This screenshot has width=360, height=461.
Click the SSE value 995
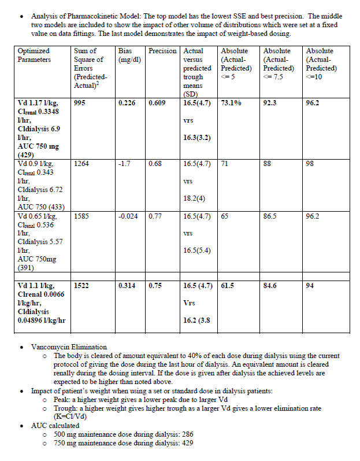[x=81, y=103]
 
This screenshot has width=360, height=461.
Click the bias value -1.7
[x=124, y=164]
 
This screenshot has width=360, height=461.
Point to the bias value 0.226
[x=127, y=103]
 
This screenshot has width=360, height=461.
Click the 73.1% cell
[x=231, y=103]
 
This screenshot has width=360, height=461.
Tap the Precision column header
[x=162, y=51]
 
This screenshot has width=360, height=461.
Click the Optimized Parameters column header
[x=35, y=55]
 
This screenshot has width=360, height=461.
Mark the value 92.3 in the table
[x=271, y=103]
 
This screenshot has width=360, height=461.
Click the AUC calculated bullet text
[x=56, y=425]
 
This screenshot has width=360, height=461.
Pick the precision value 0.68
[x=155, y=164]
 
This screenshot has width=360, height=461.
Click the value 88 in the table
[x=268, y=164]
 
